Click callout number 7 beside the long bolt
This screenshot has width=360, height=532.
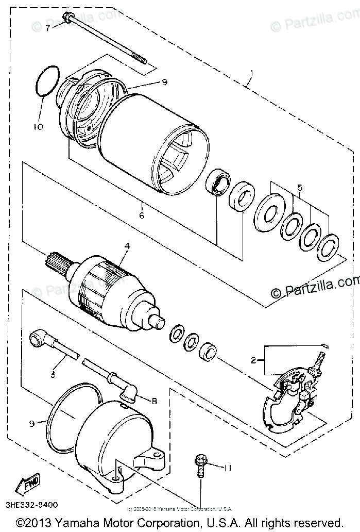pyautogui.click(x=47, y=28)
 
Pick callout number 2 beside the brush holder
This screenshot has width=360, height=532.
pyautogui.click(x=253, y=360)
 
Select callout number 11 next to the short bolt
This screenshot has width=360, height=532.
pyautogui.click(x=228, y=467)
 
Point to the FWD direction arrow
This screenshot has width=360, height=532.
pyautogui.click(x=26, y=484)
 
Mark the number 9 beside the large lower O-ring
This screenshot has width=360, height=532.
pyautogui.click(x=31, y=423)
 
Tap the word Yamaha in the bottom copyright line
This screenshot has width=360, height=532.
pyautogui.click(x=74, y=523)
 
